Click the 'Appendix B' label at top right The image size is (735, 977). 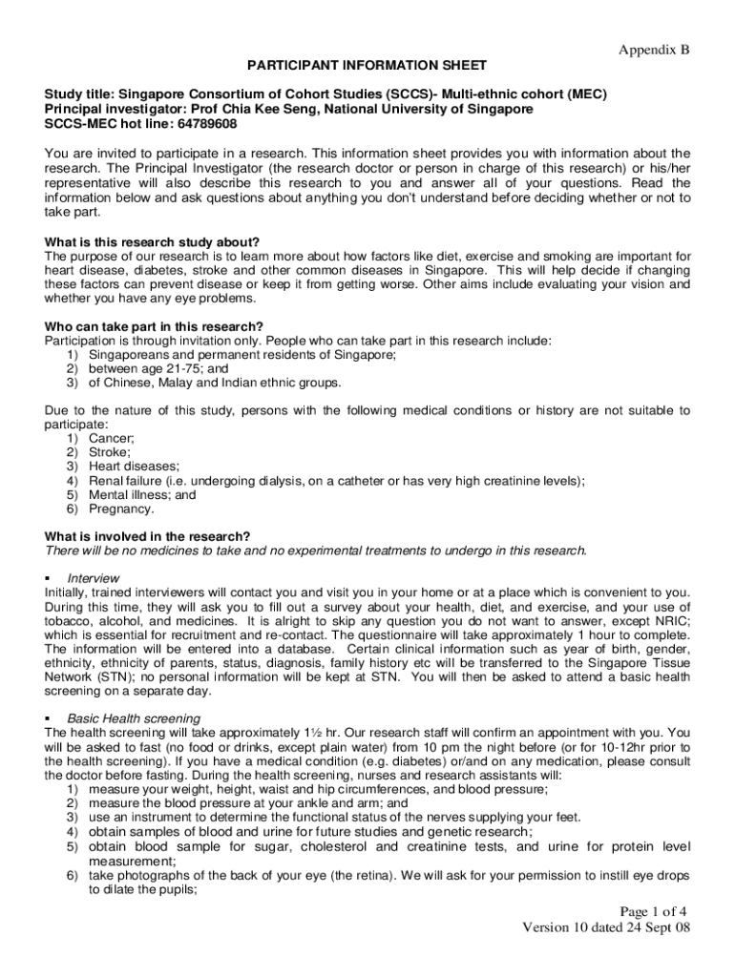point(654,49)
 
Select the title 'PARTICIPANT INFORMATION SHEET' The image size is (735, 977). point(367,65)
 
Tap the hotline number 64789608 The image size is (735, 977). point(205,124)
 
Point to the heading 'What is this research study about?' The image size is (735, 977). point(152,241)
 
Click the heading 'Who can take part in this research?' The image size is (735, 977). point(154,327)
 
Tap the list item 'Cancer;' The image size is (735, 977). point(112,438)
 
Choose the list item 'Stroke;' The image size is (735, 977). point(110,452)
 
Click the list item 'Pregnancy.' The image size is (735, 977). point(121,509)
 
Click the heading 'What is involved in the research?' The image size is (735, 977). point(149,536)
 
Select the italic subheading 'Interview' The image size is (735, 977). point(93,578)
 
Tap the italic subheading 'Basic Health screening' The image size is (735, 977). point(134,717)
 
